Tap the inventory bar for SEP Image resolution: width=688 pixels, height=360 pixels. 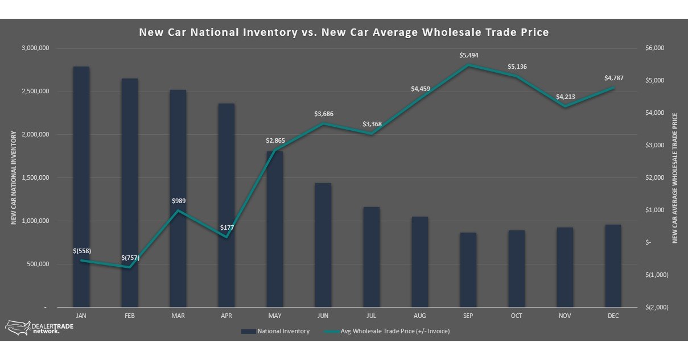pos(468,270)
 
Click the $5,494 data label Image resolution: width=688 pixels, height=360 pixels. pos(468,55)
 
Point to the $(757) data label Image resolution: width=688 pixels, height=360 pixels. pos(130,258)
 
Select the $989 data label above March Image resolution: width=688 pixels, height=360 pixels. pos(179,201)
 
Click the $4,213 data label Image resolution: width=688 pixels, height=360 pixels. pos(565,97)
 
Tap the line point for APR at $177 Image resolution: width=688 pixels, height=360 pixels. pos(226,237)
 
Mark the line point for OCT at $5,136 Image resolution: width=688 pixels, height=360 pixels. pos(517,76)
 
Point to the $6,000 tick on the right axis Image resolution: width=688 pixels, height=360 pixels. pos(655,48)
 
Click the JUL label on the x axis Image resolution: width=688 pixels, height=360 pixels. pos(372,315)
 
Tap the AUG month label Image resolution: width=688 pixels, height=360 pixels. pos(420,315)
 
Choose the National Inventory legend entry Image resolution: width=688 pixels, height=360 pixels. pos(275,331)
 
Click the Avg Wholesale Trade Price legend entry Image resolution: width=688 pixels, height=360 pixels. pos(386,331)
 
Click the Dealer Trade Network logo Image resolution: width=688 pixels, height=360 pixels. pos(32,327)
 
